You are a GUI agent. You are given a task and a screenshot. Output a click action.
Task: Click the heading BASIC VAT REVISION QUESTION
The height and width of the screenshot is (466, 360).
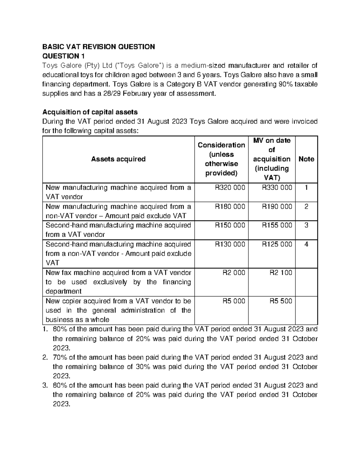pos(98,47)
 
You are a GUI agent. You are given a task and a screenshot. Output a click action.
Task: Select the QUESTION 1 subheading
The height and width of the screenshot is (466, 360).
pos(64,56)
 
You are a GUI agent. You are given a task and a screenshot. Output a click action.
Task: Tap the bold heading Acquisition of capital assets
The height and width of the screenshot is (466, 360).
pos(90,112)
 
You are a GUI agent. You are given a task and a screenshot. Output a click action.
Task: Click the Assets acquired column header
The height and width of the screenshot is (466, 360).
pos(118,159)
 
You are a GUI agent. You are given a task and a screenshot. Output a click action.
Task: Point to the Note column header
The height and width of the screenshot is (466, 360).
pos(306,159)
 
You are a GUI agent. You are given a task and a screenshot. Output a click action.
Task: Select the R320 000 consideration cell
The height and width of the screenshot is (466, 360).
pos(230,188)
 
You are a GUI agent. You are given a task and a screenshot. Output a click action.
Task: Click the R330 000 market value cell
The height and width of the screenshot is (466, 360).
pos(277,188)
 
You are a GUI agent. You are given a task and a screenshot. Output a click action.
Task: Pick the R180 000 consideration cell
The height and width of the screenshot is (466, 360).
pos(230,206)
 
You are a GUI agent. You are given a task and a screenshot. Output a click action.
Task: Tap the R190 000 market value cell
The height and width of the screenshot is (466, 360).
pos(277,206)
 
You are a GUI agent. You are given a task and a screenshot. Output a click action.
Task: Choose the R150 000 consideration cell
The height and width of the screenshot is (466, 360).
pos(230,225)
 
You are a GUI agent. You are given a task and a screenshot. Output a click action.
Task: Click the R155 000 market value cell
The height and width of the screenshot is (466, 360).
pos(277,225)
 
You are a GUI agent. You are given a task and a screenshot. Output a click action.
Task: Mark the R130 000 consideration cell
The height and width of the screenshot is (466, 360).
pos(230,244)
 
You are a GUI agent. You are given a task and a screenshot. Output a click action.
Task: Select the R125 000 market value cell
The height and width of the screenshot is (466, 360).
pos(277,244)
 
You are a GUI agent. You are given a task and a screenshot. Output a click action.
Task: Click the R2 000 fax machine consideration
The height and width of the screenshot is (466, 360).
pos(233,272)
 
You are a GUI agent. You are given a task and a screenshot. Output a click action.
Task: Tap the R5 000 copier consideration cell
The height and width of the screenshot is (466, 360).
pos(233,301)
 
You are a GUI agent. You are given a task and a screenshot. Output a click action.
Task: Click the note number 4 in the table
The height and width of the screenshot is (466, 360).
pos(306,244)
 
